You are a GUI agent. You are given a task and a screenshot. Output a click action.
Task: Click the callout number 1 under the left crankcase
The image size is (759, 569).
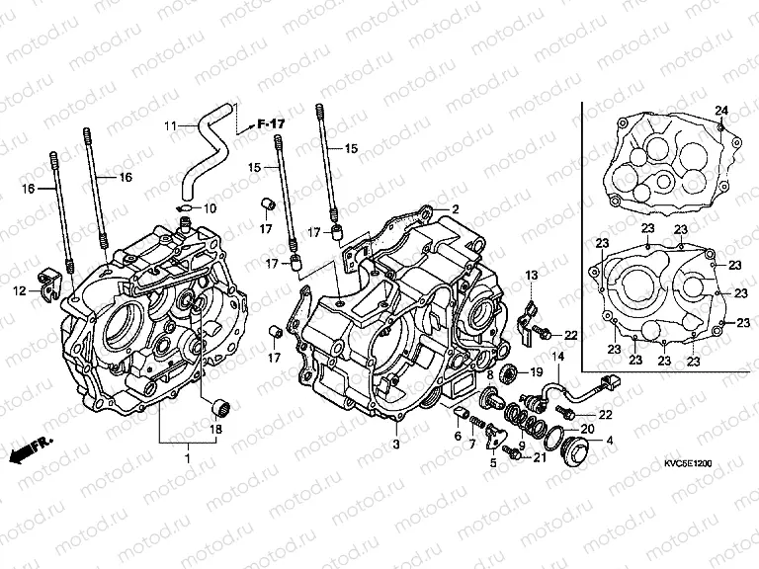click(x=188, y=460)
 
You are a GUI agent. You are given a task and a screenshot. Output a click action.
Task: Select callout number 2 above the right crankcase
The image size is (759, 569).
click(x=456, y=208)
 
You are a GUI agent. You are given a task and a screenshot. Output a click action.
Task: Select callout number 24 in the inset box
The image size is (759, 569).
click(x=720, y=109)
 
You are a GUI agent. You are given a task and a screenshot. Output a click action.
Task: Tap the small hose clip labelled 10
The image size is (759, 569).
click(x=185, y=208)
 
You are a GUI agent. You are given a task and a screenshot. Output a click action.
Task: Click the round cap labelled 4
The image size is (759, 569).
click(x=571, y=454)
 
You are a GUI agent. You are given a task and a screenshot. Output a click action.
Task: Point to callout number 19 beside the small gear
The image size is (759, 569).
click(x=537, y=371)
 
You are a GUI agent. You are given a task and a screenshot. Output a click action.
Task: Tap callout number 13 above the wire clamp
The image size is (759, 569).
click(x=531, y=274)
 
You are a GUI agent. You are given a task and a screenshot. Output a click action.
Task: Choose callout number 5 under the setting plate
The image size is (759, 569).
click(x=493, y=461)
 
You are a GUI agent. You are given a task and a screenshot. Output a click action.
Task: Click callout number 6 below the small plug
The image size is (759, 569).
click(x=459, y=436)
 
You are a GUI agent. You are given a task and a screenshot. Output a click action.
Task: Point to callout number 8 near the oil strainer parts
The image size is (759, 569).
click(x=489, y=375)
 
